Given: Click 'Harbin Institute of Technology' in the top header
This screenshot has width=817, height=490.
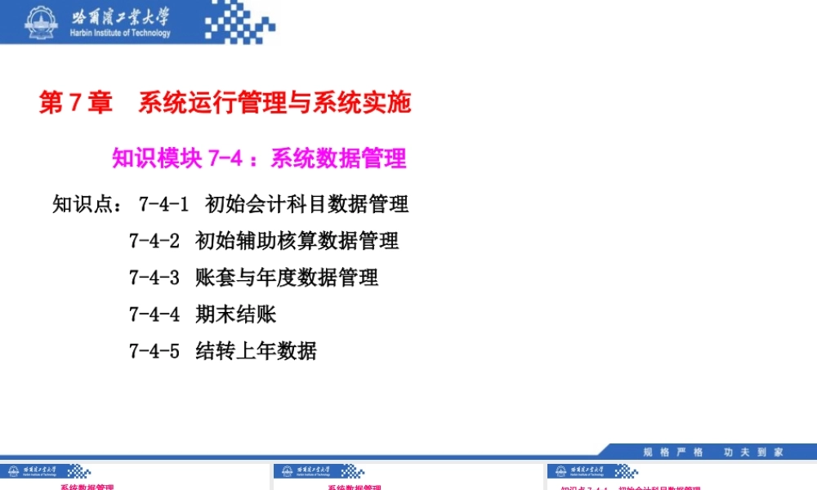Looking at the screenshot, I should [x=121, y=33].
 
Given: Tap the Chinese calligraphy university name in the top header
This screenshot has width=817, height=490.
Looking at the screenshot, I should [x=121, y=16].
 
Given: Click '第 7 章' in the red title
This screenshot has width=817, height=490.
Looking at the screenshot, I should [x=76, y=103].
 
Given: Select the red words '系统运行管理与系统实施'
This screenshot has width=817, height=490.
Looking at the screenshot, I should [x=275, y=103].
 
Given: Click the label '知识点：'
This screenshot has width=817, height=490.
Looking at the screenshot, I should [x=87, y=203].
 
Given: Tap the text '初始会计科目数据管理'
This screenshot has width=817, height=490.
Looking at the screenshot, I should [x=307, y=203].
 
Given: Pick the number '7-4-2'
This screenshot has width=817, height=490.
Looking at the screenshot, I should [x=154, y=241].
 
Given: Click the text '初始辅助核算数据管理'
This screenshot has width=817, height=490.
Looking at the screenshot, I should [x=297, y=241].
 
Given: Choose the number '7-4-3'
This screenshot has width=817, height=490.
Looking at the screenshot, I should [x=154, y=278].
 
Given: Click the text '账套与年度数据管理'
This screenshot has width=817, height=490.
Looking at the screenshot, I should [x=287, y=278].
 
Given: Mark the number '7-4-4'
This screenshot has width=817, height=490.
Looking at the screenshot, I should [x=154, y=314].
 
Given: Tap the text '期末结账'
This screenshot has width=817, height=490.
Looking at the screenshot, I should [x=236, y=314].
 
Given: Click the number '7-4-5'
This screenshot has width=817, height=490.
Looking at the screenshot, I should [x=154, y=351].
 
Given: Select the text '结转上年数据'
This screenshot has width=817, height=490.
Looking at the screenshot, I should [x=257, y=351].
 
